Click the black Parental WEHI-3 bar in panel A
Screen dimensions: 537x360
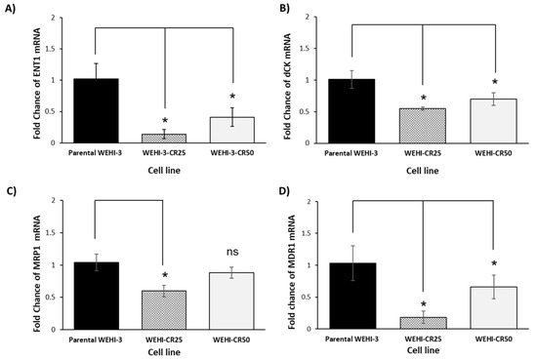[x=96, y=110]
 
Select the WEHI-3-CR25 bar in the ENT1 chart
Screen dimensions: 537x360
[x=164, y=139]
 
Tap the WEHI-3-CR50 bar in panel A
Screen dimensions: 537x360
[x=232, y=130]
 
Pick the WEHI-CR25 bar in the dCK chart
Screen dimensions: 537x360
[x=422, y=126]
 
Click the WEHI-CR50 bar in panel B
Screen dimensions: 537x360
[x=493, y=121]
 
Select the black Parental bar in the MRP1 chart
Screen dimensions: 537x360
[x=97, y=296]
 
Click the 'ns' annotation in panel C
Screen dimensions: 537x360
[x=232, y=252]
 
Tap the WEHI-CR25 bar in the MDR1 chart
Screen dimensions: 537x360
[x=424, y=323]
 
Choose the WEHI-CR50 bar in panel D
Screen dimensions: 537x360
[x=494, y=308]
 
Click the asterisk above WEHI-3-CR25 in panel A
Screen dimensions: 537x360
[x=165, y=120]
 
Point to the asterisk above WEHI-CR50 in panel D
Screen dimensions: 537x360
[x=494, y=263]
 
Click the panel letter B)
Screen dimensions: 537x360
[x=284, y=9]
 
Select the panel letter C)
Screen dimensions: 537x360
[x=11, y=191]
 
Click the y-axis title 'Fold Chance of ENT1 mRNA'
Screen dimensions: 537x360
[x=37, y=84]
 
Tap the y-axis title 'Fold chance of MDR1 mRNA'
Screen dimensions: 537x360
[x=292, y=272]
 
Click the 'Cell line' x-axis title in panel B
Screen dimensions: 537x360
[x=422, y=171]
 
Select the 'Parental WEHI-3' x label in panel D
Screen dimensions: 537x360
[x=351, y=340]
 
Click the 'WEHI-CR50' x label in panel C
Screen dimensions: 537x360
[x=231, y=340]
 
